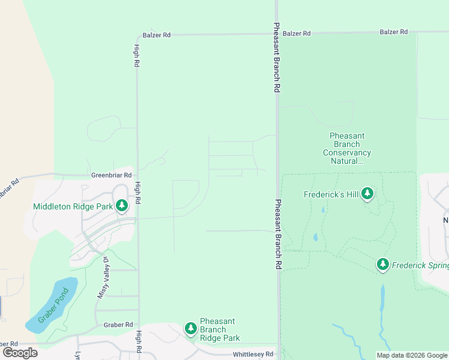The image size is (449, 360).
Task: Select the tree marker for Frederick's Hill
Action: [367, 194]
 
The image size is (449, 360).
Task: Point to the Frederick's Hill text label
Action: [331, 194]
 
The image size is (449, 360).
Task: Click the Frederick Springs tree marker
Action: [383, 265]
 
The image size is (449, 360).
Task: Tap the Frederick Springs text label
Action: [420, 265]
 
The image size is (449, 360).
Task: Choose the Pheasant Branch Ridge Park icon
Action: [190, 329]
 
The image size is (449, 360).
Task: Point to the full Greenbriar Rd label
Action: [111, 175]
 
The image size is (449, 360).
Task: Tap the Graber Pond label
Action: [53, 306]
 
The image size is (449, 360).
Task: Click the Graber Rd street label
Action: [118, 325]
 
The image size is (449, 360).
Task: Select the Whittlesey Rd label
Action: [253, 355]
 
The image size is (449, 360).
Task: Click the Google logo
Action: [20, 352]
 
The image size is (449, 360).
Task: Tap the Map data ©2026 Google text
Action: [412, 355]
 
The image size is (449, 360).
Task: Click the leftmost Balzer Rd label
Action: [157, 35]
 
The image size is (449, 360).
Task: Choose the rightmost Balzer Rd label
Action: [394, 32]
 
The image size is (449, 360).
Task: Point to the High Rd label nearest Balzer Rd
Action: [137, 55]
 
